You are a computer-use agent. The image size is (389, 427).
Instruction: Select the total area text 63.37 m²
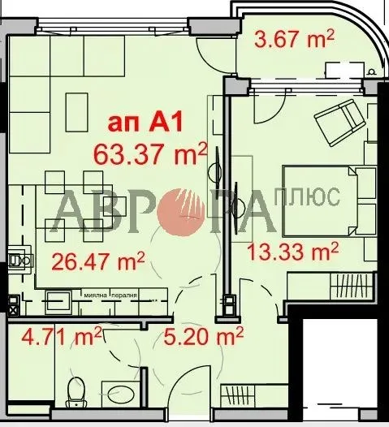pyautogui.click(x=150, y=152)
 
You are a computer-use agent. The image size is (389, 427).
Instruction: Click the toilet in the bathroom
pyautogui.click(x=78, y=392)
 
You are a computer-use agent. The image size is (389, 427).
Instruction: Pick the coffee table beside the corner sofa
pyautogui.click(x=77, y=106)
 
